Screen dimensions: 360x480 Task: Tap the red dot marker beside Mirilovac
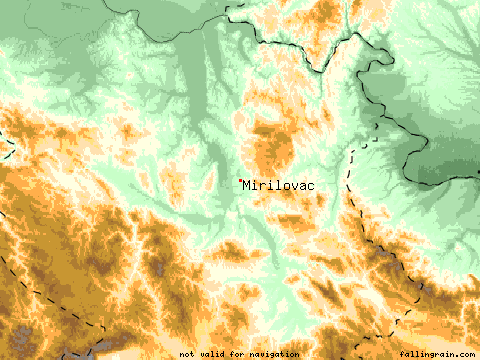pos(240,180)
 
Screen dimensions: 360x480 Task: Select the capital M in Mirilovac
pos(248,185)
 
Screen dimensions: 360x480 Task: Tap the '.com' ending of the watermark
pos(461,354)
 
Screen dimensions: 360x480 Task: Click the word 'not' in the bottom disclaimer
pos(186,354)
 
